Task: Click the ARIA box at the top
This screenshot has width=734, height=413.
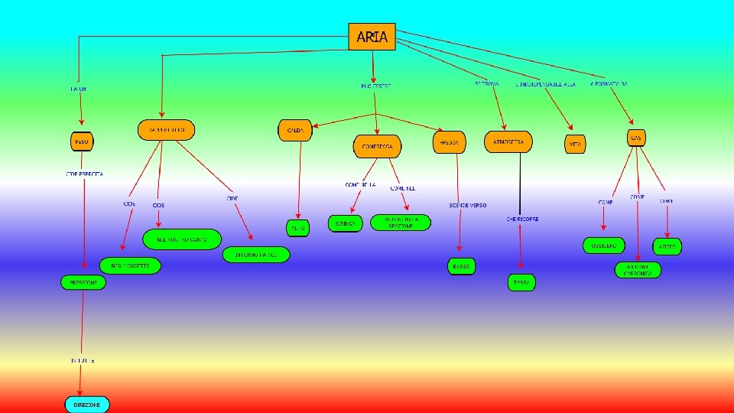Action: point(372,36)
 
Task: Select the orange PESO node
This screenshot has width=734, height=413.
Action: point(82,142)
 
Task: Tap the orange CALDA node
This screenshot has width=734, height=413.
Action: point(295,131)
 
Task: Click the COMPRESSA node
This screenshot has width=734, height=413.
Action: point(377,146)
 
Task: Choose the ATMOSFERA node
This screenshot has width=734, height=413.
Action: point(508,141)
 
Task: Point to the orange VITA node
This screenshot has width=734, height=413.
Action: point(575,143)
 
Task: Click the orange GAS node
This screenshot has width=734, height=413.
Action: point(635,138)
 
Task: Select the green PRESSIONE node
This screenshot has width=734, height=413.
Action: point(83,281)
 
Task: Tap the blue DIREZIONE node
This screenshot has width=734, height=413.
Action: point(86,404)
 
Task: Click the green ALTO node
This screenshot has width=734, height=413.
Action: point(297,228)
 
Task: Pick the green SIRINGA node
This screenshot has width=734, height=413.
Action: point(345,223)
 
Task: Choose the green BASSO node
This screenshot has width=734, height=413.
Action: point(462,266)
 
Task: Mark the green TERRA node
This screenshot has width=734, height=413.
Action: point(521,282)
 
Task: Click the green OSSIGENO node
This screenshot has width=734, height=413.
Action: point(604,246)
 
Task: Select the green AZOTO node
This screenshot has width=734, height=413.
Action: point(667,246)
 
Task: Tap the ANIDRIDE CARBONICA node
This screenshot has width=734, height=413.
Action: point(638,270)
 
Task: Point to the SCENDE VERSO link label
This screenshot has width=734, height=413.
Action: point(468,206)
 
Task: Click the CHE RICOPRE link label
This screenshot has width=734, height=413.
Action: point(522,219)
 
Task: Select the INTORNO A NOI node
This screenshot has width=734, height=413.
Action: point(256,255)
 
